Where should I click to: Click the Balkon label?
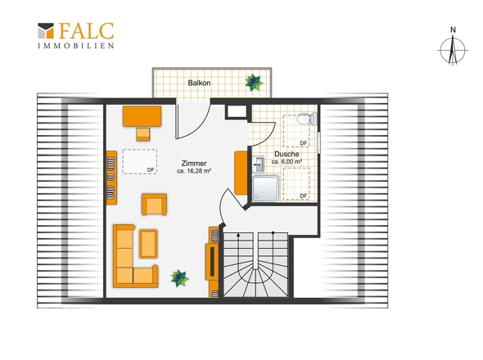[x=199, y=83]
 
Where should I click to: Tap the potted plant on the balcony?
[x=254, y=82]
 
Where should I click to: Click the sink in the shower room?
[x=258, y=164]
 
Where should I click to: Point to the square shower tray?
[x=265, y=188]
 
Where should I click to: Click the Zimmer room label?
[x=194, y=164]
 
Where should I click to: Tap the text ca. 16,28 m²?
[x=194, y=171]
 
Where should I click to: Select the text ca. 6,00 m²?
[x=287, y=162]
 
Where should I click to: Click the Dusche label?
[x=287, y=154]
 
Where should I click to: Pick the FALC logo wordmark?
[x=86, y=31]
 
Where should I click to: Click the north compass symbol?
[x=453, y=47]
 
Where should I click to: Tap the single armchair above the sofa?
[x=155, y=205]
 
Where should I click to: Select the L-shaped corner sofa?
[x=135, y=256]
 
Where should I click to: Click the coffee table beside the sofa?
[x=148, y=244]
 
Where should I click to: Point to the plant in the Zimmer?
[x=179, y=278]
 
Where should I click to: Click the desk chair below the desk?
[x=143, y=134]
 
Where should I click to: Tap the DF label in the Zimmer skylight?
[x=151, y=170]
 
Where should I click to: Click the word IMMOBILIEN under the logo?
[x=76, y=46]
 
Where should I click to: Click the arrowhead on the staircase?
[x=238, y=235]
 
